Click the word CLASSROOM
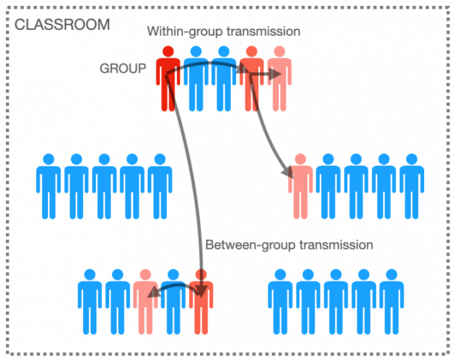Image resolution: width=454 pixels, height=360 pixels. [x=62, y=25]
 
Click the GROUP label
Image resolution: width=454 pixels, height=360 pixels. [x=123, y=68]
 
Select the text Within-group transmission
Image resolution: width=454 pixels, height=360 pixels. [x=224, y=31]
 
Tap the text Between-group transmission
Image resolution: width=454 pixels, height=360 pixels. [x=289, y=245]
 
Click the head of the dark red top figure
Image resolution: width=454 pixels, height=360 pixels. [x=168, y=51]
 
